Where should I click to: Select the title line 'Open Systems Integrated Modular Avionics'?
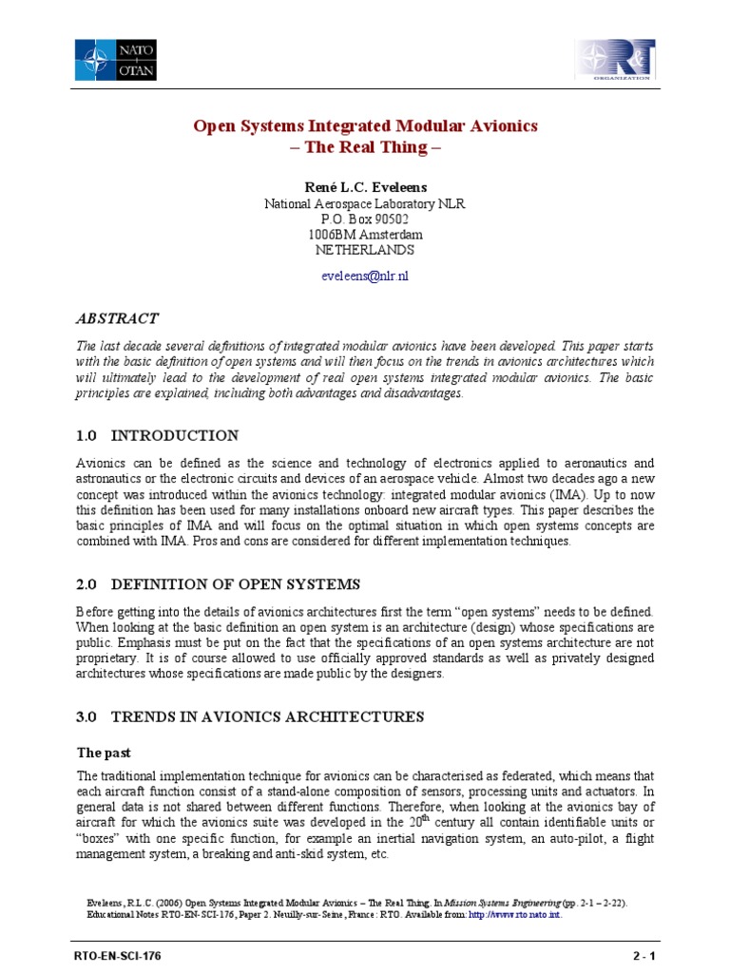[x=366, y=125]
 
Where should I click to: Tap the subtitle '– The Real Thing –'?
[x=366, y=148]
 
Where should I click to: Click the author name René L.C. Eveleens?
[x=365, y=187]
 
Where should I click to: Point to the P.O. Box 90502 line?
[x=365, y=219]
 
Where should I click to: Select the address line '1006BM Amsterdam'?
[x=365, y=234]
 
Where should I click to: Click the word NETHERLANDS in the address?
[x=365, y=250]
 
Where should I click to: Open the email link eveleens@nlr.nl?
[x=365, y=277]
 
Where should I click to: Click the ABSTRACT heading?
[x=117, y=318]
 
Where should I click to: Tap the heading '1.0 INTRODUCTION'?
[x=157, y=435]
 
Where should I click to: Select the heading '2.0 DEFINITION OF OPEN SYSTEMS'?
[x=218, y=583]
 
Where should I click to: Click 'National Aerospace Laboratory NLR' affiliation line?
[x=365, y=203]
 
